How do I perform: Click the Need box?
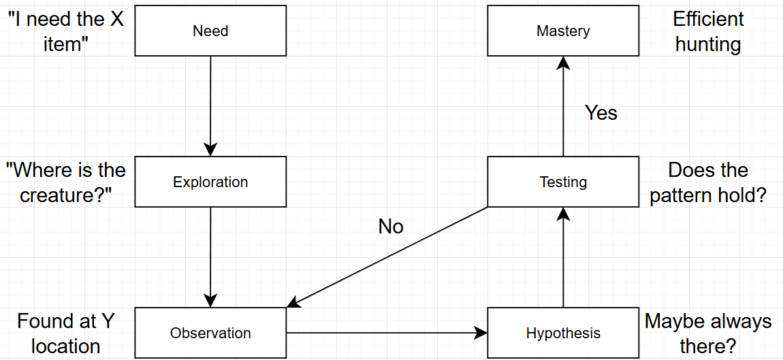coord(210,31)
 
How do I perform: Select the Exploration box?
coord(210,182)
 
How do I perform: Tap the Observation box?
coord(210,333)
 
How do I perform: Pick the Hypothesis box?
coord(563,333)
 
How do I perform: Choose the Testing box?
coord(563,182)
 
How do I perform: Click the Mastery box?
coord(563,31)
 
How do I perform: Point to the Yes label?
coord(601,113)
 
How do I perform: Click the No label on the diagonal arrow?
coord(391,227)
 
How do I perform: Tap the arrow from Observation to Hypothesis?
coord(387,333)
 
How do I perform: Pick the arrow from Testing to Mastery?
coord(563,106)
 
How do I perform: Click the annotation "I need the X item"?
coord(66,31)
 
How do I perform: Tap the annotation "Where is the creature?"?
coord(66,182)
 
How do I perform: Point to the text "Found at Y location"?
coord(66,333)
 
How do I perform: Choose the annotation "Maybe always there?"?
coord(708,333)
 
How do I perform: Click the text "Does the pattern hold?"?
coord(708,182)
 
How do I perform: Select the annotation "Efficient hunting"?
coord(708,31)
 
